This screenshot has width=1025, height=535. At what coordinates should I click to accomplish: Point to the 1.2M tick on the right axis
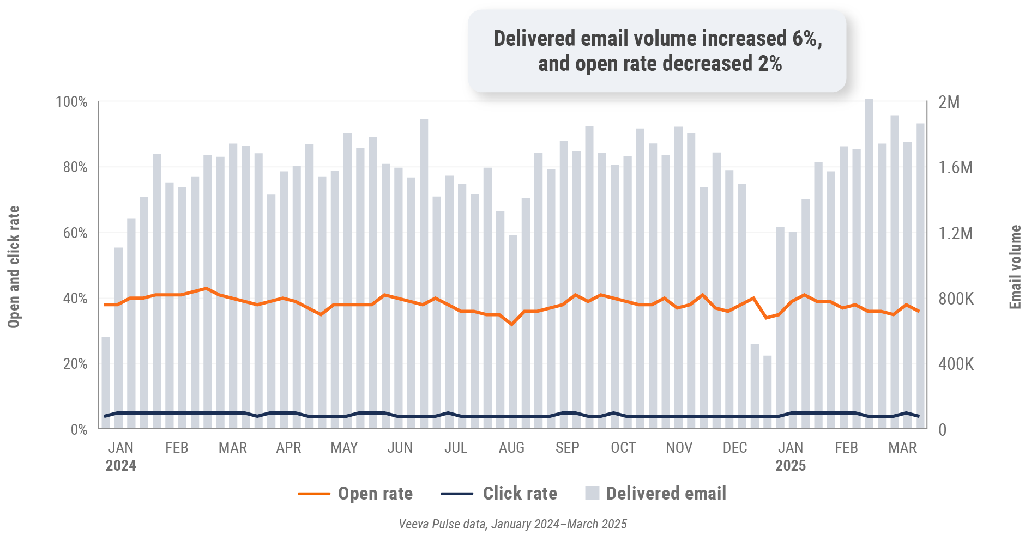[x=955, y=233]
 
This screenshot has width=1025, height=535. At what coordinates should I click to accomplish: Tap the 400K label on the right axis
[x=956, y=364]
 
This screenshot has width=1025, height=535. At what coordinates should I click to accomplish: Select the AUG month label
[x=511, y=448]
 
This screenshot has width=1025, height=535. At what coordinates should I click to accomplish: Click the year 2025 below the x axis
[x=791, y=466]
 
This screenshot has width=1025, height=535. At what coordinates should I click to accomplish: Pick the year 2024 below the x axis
[x=120, y=466]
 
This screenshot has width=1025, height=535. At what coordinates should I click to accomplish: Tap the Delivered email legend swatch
[x=592, y=493]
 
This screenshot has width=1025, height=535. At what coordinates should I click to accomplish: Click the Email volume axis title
[x=1015, y=267]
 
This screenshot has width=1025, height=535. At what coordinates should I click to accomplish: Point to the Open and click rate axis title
[x=14, y=267]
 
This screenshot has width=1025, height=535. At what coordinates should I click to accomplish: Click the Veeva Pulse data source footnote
[x=512, y=524]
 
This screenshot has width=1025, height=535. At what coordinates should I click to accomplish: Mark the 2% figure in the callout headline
[x=770, y=64]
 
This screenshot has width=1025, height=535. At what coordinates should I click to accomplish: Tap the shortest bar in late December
[x=767, y=392]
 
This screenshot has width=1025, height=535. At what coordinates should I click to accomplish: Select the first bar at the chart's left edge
[x=106, y=383]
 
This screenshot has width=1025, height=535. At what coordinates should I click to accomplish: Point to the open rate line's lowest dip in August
[x=511, y=324]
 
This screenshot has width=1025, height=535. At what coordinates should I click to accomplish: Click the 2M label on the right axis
[x=949, y=102]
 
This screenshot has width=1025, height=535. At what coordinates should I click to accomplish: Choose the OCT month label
[x=623, y=448]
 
